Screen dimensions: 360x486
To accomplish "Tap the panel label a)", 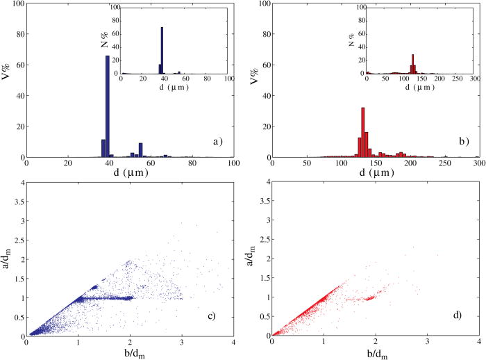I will (x=217, y=141).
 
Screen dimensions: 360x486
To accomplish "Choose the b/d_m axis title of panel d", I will (x=376, y=353).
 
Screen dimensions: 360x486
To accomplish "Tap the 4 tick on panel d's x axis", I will (x=479, y=342).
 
